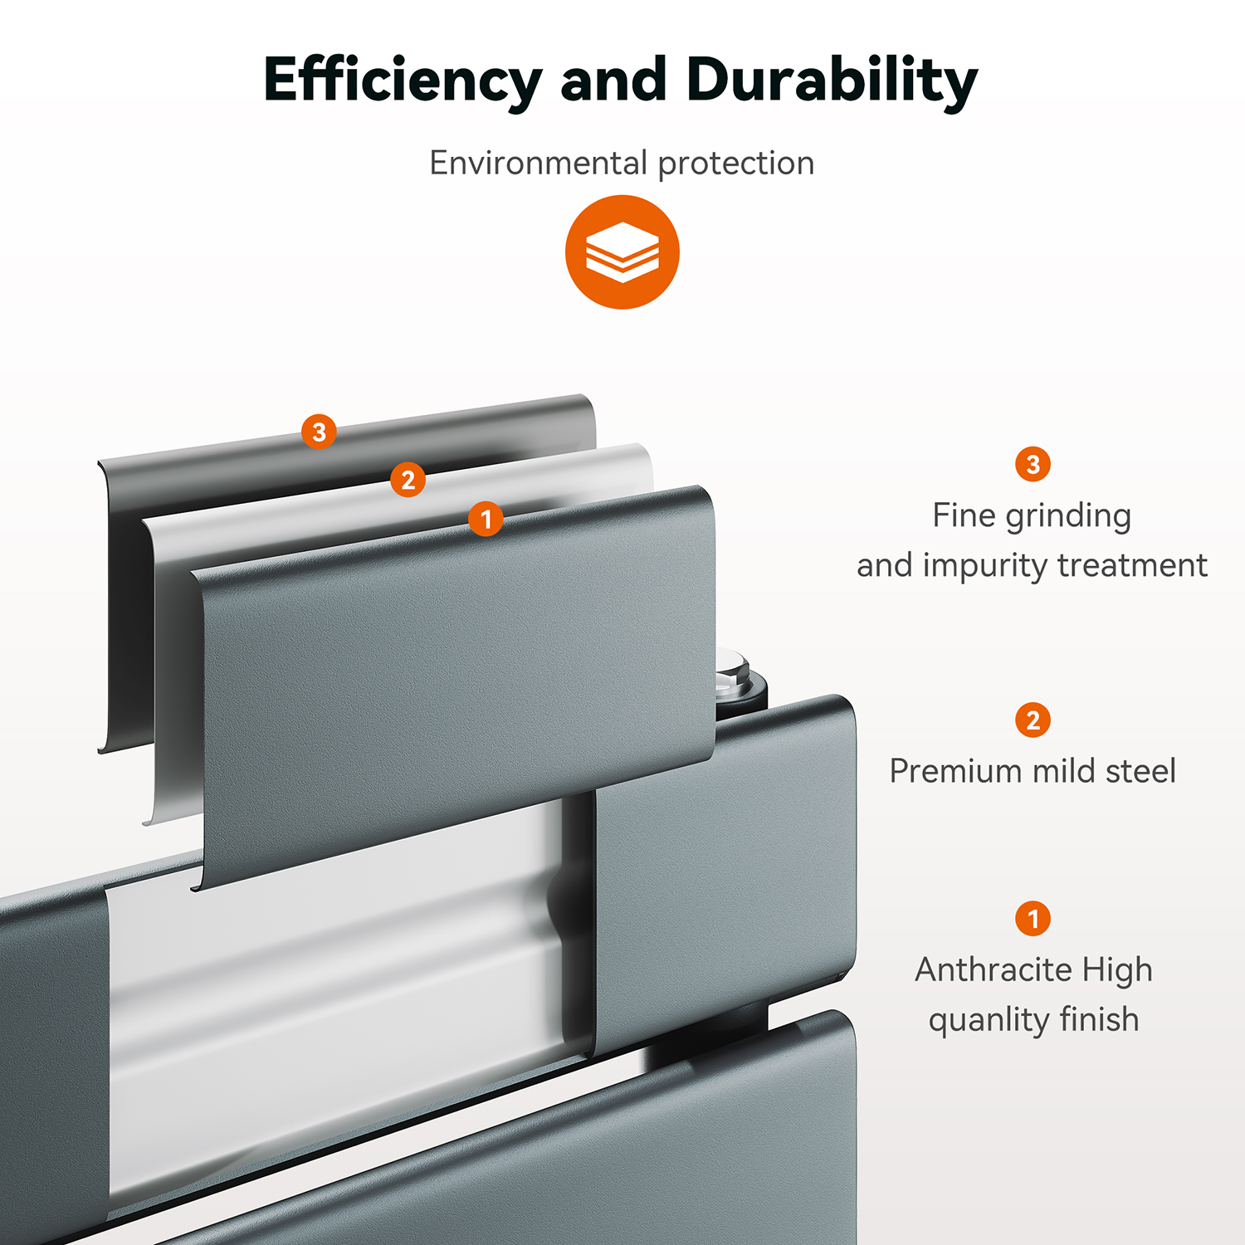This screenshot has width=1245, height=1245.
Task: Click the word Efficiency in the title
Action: (x=403, y=82)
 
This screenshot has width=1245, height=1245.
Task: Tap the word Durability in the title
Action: (x=832, y=82)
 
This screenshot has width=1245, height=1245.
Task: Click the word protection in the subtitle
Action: (x=736, y=164)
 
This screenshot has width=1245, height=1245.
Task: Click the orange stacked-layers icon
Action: (x=622, y=252)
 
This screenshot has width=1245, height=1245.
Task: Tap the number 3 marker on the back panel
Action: (x=319, y=432)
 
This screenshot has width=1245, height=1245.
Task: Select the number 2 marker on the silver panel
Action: (x=408, y=480)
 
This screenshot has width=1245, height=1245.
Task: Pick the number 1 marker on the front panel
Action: (x=486, y=520)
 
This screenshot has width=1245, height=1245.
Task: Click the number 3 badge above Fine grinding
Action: (x=1033, y=464)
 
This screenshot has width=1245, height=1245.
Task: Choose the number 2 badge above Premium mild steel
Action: (x=1033, y=720)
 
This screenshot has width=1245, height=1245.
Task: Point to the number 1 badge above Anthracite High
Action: (x=1033, y=919)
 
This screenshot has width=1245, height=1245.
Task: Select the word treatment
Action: (x=1133, y=566)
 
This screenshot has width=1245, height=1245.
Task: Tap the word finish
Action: (x=1099, y=1019)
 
